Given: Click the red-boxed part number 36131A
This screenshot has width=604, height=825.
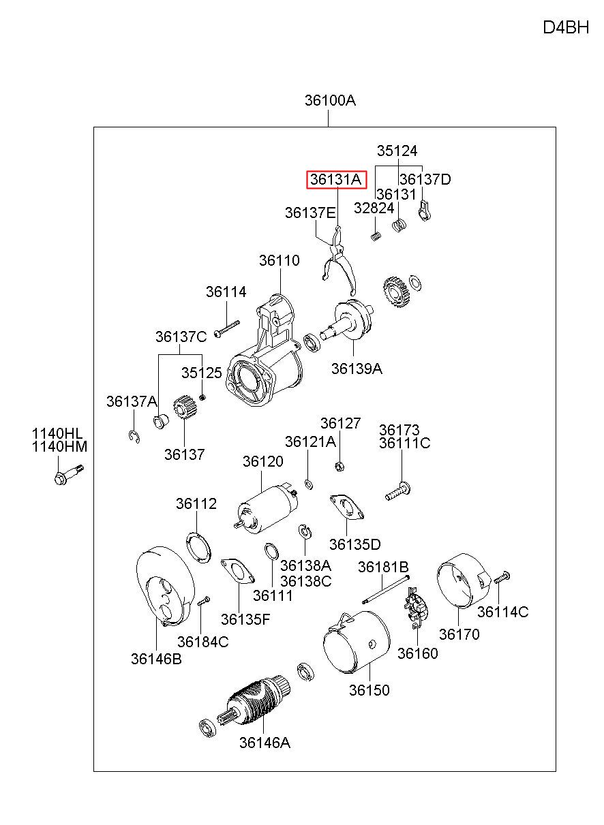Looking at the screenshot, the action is pos(335,179).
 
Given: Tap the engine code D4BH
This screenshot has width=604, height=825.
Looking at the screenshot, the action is pos(566,27).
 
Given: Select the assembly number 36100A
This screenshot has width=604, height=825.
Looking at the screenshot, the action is pos(330,100).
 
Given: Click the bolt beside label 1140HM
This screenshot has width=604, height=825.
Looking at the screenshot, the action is pos(69,475).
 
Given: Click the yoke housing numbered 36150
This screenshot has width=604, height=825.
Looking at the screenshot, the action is pos(356,641).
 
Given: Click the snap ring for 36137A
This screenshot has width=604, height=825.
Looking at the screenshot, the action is pos(134,437).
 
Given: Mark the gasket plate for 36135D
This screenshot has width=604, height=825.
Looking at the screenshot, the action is pos(347,507).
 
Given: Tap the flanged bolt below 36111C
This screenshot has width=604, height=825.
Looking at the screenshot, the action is pos(398,491).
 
